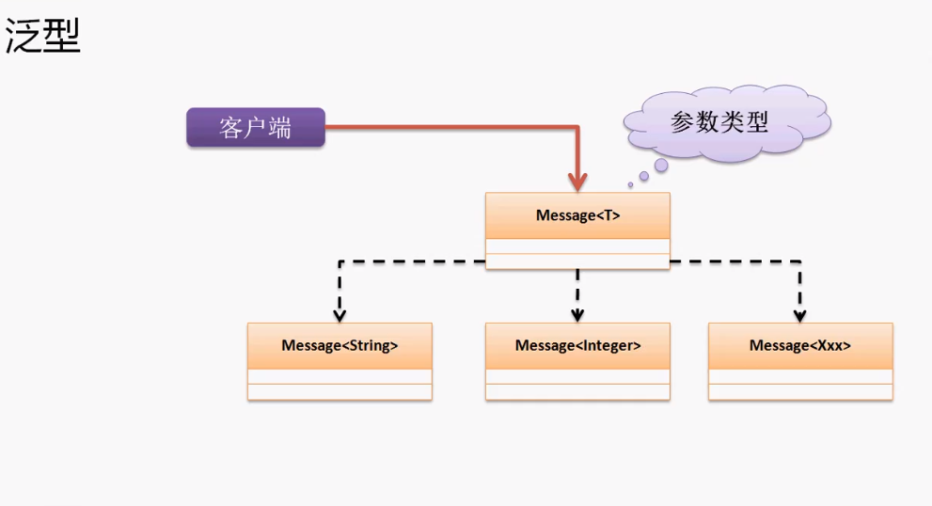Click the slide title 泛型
coord(43,36)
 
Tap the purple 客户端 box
coord(256,127)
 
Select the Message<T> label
coord(577,215)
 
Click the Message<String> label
coord(340,345)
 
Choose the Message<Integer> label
coord(577,345)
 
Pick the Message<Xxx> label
coord(800,345)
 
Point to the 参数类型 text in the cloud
coord(719,122)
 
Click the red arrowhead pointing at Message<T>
coord(577,182)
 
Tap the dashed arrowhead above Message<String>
coord(340,315)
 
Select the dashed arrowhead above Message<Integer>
coord(577,315)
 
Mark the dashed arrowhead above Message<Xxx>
coord(800,315)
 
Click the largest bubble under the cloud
coord(661,166)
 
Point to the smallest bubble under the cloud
coord(631,185)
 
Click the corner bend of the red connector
coord(577,127)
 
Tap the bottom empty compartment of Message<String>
coord(340,392)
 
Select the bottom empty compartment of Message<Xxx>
coord(800,392)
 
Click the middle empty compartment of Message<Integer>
coord(577,376)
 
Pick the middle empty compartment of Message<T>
coord(577,246)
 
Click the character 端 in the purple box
coord(279,128)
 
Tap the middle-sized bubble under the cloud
coord(643,176)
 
